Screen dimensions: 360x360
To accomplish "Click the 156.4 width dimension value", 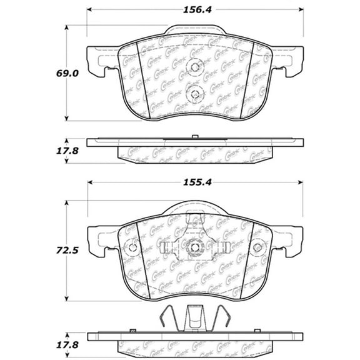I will click(x=195, y=10).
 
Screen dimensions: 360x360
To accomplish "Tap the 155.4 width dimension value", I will click(x=195, y=183).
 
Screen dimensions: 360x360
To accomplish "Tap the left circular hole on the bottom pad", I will click(x=132, y=247).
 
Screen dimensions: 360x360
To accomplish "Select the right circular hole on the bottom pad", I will click(x=257, y=247).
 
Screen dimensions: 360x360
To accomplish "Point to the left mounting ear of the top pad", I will click(x=97, y=61).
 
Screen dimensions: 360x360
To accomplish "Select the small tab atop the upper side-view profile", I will click(x=195, y=136).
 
